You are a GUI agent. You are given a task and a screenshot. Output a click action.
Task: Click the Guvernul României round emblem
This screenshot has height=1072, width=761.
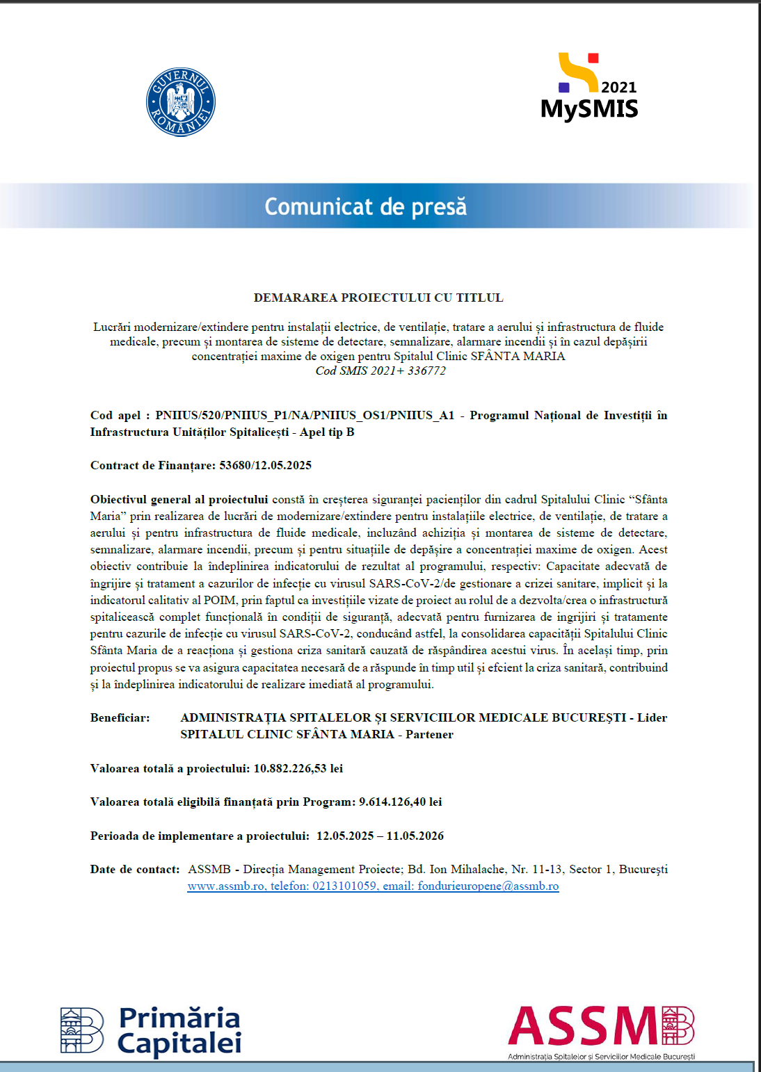[x=181, y=102]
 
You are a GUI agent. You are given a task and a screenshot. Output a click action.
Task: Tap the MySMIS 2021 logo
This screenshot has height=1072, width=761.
[x=589, y=88]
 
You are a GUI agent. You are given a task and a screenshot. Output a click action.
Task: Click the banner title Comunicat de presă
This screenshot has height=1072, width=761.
[x=365, y=206]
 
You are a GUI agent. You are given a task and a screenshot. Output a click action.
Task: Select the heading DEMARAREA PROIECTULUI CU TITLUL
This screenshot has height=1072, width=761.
[x=378, y=298]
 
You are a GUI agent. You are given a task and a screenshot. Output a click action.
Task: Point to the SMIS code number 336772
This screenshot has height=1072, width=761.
[x=426, y=371]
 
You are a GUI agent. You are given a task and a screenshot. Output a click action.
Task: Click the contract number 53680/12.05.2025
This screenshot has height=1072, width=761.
[x=265, y=465]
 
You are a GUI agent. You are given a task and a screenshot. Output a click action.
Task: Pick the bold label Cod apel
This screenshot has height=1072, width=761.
[x=115, y=415]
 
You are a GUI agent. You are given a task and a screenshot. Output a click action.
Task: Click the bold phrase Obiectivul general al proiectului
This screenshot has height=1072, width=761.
[x=179, y=499]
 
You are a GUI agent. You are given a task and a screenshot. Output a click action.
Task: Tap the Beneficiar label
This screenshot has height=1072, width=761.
[x=120, y=717]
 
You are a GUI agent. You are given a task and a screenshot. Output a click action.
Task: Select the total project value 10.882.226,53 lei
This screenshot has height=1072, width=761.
[x=298, y=768]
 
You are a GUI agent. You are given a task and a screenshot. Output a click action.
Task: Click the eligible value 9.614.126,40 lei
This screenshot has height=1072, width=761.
[x=400, y=802]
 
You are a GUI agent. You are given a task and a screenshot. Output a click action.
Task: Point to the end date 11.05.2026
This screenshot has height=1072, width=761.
[x=415, y=836]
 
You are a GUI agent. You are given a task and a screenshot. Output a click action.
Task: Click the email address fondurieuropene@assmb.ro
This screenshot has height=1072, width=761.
[x=488, y=886]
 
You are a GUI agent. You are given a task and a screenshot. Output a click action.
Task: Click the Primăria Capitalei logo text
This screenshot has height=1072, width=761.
[x=179, y=1030]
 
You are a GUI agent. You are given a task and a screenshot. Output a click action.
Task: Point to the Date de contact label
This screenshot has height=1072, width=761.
[x=135, y=869]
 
